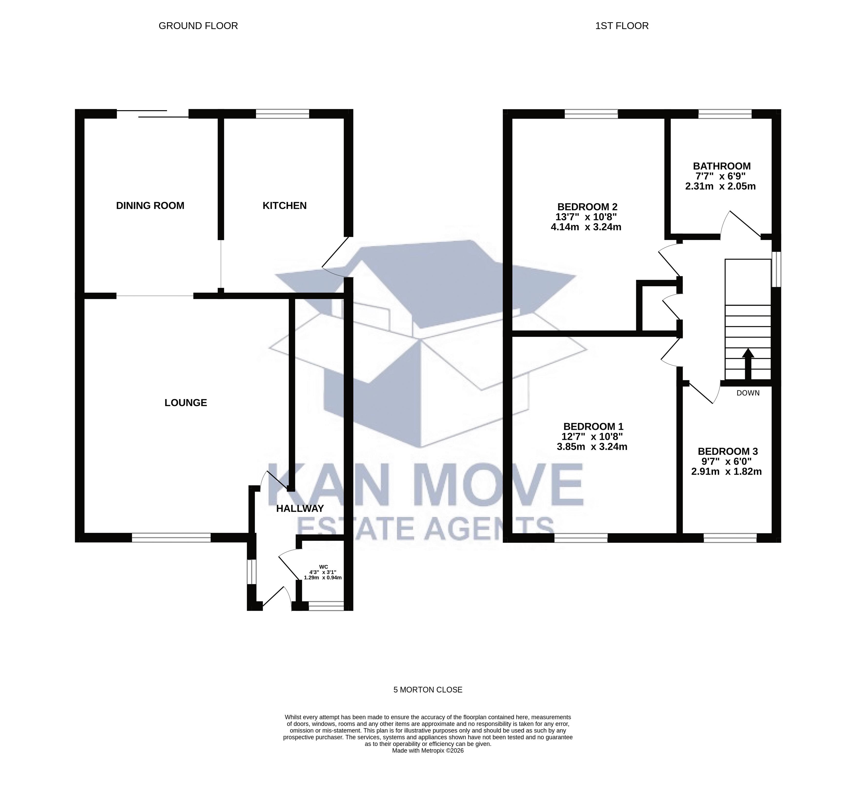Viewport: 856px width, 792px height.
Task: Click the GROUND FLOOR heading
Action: point(198,26)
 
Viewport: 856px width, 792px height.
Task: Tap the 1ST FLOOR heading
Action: point(622,26)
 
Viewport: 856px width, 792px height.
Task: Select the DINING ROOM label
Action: point(150,206)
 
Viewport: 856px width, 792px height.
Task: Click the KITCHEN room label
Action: point(284,206)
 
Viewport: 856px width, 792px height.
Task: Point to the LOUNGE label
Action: point(186,403)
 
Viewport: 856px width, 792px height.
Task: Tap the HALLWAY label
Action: point(300,509)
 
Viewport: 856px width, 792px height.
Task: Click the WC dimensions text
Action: point(323,575)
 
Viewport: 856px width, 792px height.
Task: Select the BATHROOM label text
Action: point(722,166)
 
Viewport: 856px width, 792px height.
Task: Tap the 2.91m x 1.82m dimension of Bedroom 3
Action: point(726,472)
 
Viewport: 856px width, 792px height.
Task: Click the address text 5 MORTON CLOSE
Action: point(428,690)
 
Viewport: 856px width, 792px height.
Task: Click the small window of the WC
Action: point(326,606)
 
